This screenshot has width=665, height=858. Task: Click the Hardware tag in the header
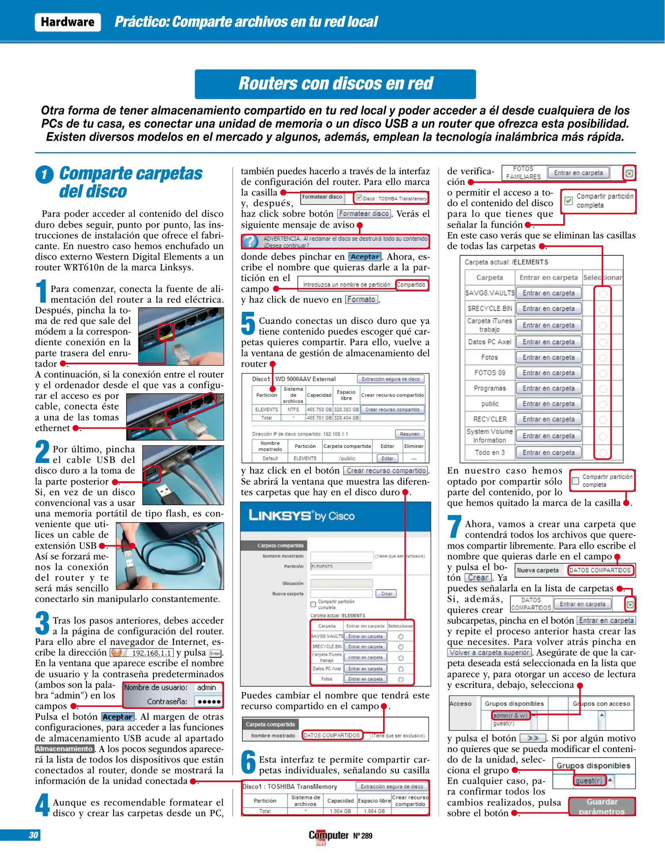click(x=68, y=22)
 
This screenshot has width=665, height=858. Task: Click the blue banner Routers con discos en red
click(x=335, y=84)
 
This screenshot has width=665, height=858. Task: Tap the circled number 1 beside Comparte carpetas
click(x=44, y=174)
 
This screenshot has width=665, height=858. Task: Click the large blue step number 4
click(x=42, y=805)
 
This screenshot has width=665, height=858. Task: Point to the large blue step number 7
click(x=454, y=526)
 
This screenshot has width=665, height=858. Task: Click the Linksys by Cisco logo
click(x=301, y=516)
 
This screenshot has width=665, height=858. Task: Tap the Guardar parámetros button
click(x=601, y=806)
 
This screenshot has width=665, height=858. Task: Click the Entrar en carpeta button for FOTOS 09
click(x=548, y=373)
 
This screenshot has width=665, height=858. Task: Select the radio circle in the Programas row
click(x=603, y=388)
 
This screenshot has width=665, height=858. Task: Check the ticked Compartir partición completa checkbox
click(x=569, y=201)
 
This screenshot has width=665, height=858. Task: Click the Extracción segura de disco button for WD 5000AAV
click(x=390, y=379)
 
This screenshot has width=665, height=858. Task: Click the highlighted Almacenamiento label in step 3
click(x=64, y=749)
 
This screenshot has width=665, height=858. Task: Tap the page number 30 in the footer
click(x=33, y=835)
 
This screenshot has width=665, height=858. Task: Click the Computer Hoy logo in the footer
click(x=328, y=836)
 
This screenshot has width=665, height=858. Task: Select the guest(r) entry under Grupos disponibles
click(x=589, y=781)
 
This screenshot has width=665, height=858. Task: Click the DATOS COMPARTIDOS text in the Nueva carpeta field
click(x=600, y=570)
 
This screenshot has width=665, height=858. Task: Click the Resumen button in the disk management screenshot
click(x=409, y=434)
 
